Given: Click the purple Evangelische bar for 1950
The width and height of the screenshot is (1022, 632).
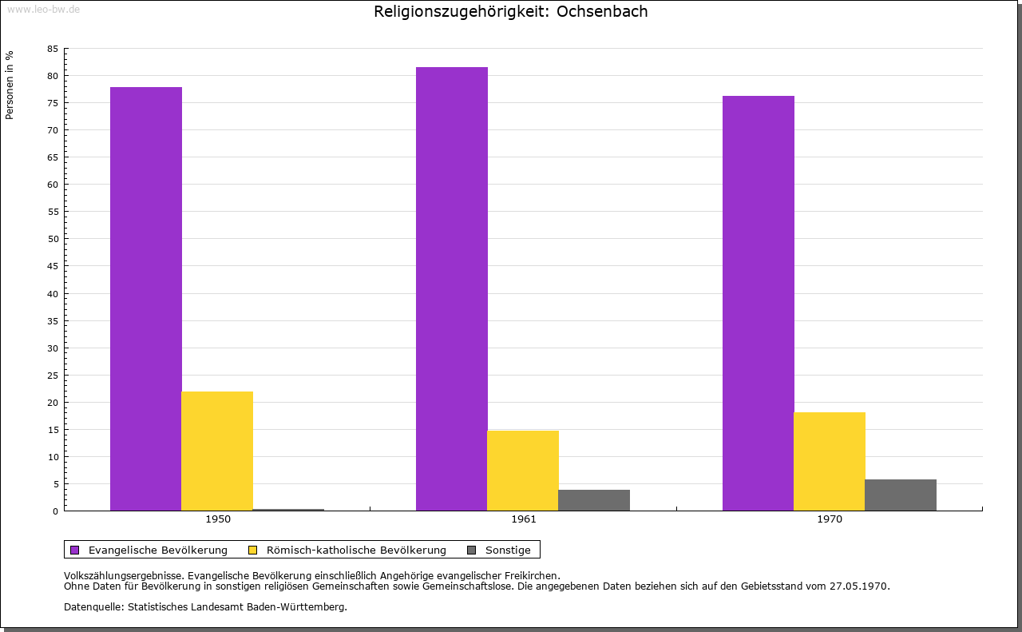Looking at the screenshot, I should (146, 299).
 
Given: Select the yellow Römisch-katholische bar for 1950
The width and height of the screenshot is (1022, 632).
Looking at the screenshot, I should (217, 451).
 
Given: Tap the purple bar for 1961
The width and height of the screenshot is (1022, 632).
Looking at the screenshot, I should (452, 288).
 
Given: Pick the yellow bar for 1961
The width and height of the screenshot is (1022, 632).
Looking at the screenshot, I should (523, 471).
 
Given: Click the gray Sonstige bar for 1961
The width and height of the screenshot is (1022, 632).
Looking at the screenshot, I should (594, 500).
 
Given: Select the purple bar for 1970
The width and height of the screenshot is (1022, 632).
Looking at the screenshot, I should (759, 303).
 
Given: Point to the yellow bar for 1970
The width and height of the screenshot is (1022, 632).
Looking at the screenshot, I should (830, 461).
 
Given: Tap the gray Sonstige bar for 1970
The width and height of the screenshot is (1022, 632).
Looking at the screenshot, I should (901, 495).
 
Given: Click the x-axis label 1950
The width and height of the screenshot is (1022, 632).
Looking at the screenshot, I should (218, 519).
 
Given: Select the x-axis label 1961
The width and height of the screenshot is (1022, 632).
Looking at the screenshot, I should (524, 519).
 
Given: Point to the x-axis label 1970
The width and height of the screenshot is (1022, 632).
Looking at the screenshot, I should (830, 519).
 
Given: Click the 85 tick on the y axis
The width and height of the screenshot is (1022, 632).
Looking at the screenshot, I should (53, 49).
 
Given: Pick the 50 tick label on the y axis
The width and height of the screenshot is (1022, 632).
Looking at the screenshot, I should (53, 239).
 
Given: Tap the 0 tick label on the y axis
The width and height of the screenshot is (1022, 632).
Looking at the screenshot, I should (56, 511).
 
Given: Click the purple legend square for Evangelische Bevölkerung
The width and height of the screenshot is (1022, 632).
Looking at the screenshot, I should (75, 550).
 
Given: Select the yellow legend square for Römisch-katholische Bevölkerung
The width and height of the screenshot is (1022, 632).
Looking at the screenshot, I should (253, 550).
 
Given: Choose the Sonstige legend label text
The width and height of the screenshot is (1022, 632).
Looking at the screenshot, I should (508, 550).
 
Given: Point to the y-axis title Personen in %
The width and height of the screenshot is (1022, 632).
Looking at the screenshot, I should (10, 85).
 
